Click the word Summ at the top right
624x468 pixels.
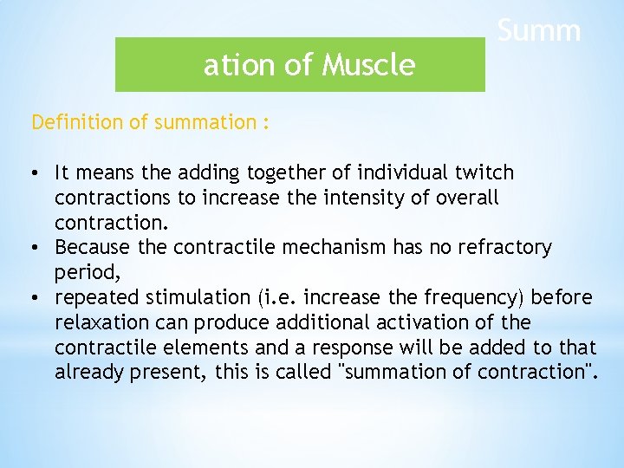538,31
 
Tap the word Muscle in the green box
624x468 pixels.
370,65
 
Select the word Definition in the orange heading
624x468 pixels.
77,122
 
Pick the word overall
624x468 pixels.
468,198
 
